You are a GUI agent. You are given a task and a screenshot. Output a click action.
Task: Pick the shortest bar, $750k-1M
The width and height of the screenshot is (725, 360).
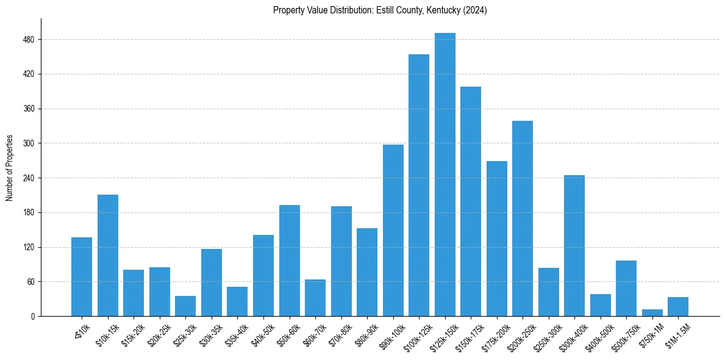[x=652, y=313]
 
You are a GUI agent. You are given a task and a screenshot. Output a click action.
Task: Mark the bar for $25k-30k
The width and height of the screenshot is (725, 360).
[x=185, y=306]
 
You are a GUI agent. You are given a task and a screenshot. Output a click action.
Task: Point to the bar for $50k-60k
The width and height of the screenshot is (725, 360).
[x=289, y=261]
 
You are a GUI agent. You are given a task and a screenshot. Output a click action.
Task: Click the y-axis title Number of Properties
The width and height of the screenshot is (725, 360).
[x=10, y=167]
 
